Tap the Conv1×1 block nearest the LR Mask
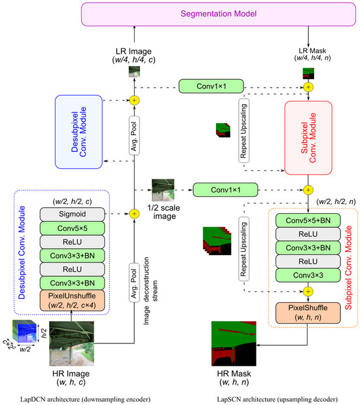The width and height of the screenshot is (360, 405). [211, 86]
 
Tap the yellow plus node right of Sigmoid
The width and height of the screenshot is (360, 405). [134, 213]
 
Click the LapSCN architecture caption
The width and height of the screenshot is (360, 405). [272, 398]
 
